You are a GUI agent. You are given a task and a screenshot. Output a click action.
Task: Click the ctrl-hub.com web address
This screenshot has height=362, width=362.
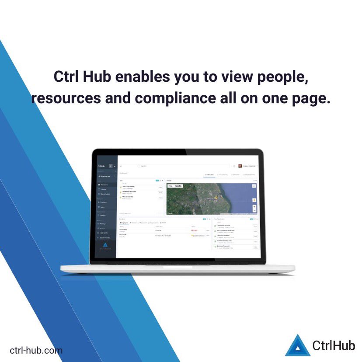click(x=36, y=350)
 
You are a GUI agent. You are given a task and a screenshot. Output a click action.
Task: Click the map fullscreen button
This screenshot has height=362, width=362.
click(x=254, y=186)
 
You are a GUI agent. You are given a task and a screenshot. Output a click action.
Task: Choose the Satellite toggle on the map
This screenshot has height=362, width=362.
click(x=178, y=186)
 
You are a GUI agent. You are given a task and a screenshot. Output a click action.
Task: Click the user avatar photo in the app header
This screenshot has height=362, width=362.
click(x=240, y=166)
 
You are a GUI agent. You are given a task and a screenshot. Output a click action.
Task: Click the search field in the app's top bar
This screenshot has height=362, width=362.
click(x=175, y=166)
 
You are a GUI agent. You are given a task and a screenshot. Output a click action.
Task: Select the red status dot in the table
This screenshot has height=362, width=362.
click(x=192, y=230)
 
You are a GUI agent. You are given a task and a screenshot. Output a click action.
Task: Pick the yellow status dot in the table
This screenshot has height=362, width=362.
click(x=192, y=235)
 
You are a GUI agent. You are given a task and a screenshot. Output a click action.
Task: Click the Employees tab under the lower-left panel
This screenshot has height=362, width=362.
click(x=124, y=223)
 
